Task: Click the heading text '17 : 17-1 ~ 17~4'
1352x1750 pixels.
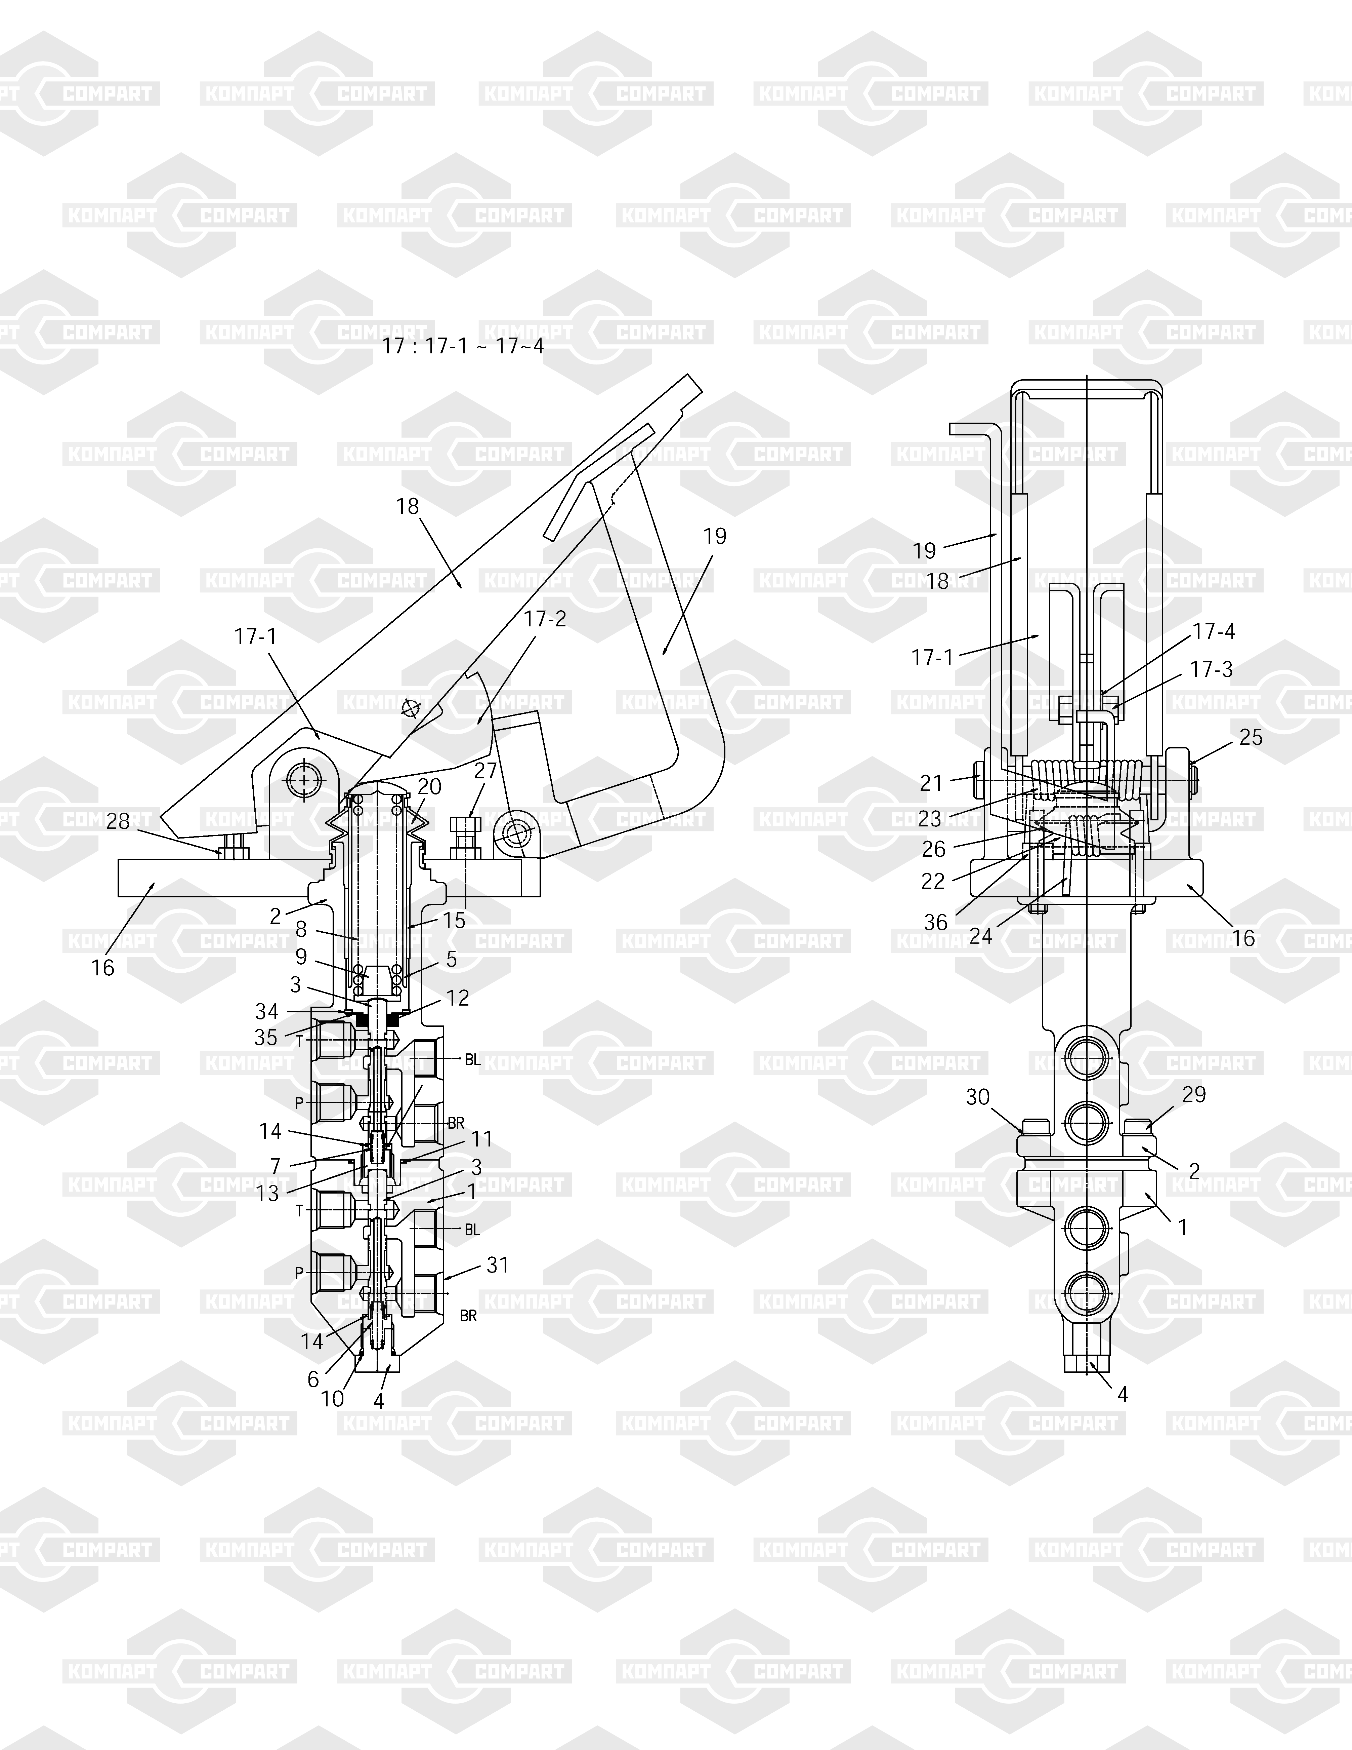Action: (463, 346)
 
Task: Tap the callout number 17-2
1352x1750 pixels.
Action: (545, 619)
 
